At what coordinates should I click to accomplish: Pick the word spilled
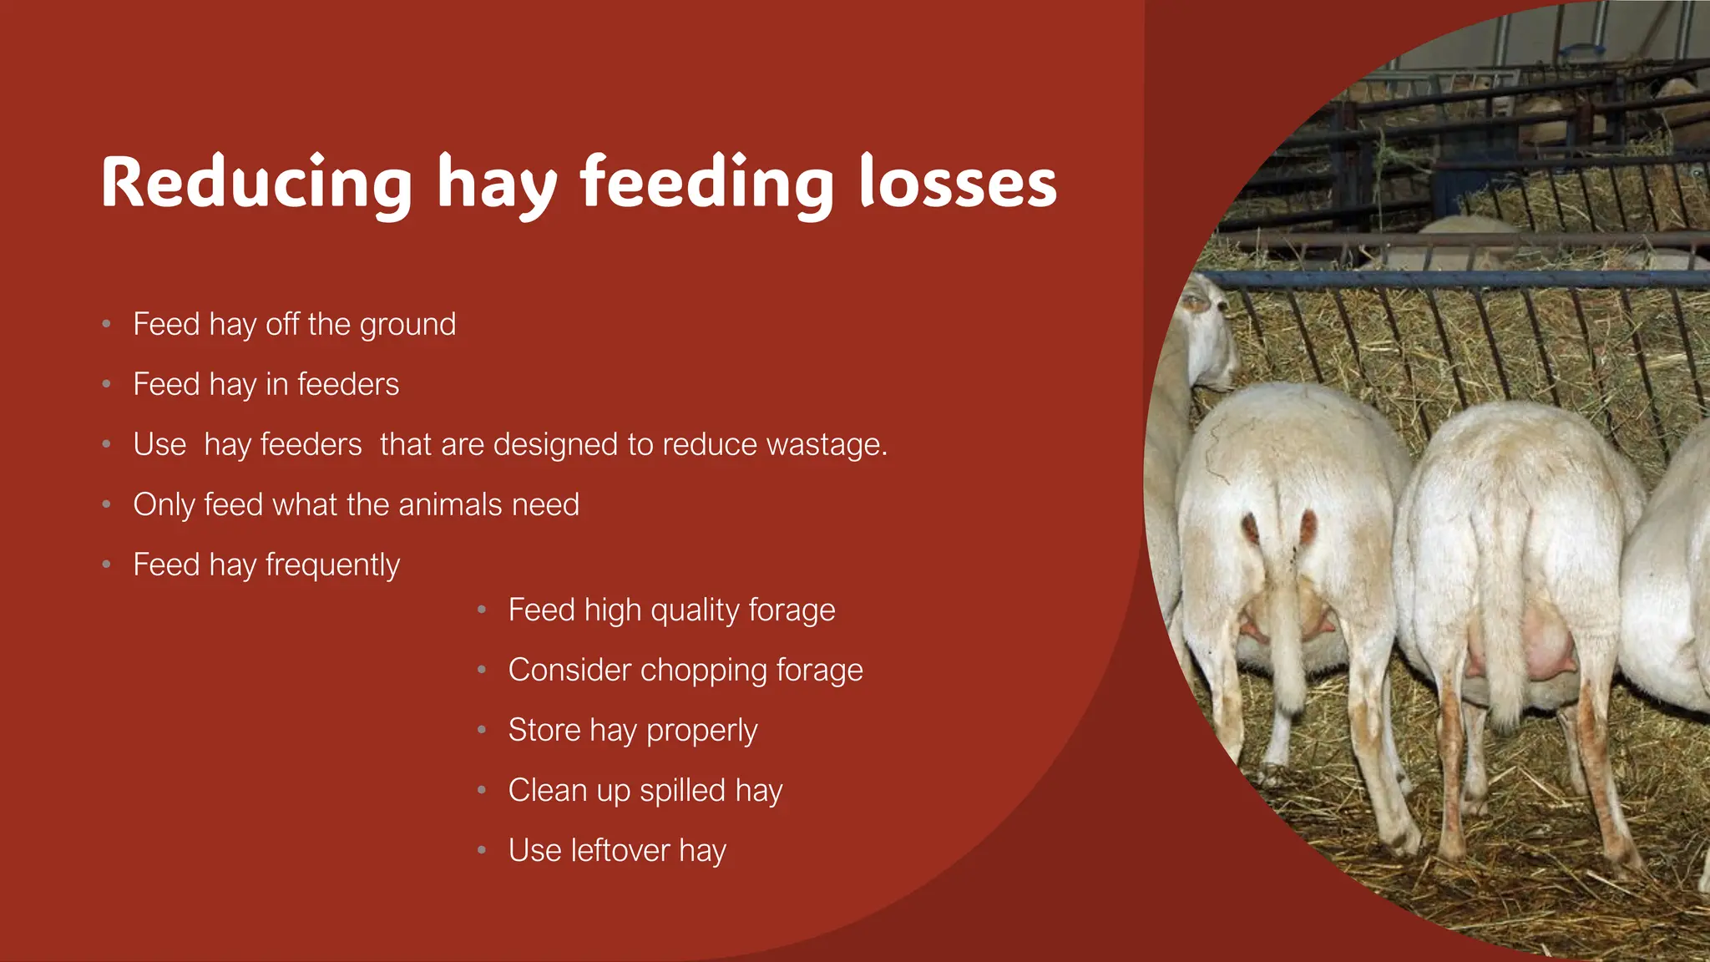(682, 791)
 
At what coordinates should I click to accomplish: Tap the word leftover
(620, 851)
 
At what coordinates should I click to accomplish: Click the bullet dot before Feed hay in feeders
(106, 384)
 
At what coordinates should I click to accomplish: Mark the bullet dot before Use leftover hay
(482, 850)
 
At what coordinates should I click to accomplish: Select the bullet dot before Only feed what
(106, 504)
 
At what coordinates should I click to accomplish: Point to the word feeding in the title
(706, 184)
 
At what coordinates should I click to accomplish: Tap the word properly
(701, 731)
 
